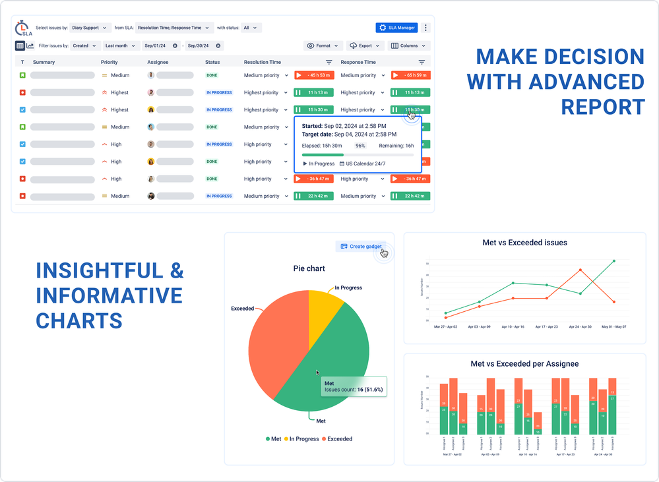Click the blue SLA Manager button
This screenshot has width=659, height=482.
pyautogui.click(x=396, y=28)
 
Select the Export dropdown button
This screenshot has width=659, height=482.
pyautogui.click(x=365, y=46)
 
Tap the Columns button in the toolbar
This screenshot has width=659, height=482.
pyautogui.click(x=409, y=46)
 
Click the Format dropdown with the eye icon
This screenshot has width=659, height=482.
pyautogui.click(x=323, y=46)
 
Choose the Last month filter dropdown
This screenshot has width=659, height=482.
pyautogui.click(x=121, y=46)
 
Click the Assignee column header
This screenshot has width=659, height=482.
pyautogui.click(x=158, y=62)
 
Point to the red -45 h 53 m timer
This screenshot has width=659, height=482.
pyautogui.click(x=314, y=76)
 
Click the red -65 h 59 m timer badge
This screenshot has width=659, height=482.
pyautogui.click(x=410, y=76)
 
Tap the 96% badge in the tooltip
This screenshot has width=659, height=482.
pyautogui.click(x=360, y=146)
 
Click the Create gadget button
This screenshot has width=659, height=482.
pyautogui.click(x=361, y=247)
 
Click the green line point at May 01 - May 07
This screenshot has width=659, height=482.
pyautogui.click(x=614, y=261)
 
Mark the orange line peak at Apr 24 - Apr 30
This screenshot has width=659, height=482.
pyautogui.click(x=581, y=270)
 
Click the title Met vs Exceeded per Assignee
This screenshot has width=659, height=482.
pyautogui.click(x=524, y=364)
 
